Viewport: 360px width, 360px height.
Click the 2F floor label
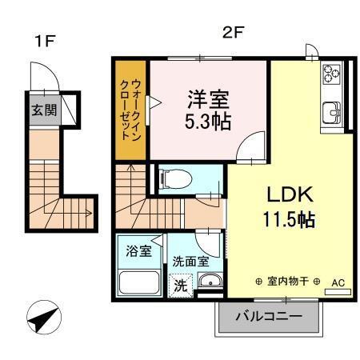[233, 33]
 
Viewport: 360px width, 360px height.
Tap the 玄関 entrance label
[45, 110]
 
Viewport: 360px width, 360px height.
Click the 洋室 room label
[209, 100]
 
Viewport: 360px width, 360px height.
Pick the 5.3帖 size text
[209, 122]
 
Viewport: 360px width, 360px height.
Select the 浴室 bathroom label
[139, 251]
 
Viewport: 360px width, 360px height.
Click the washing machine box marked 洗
[180, 284]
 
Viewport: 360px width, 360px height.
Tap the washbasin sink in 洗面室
[210, 280]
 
